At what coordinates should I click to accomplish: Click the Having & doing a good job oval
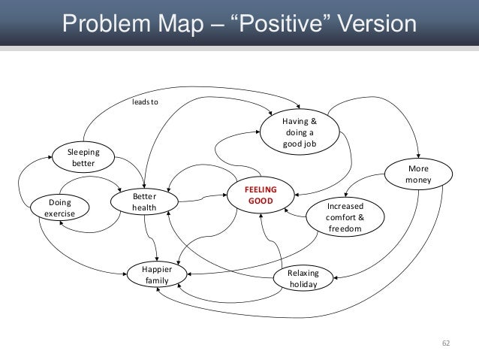[300, 132]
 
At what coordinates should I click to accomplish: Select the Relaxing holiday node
[303, 280]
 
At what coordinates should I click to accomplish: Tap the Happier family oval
[157, 274]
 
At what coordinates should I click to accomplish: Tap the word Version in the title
[372, 24]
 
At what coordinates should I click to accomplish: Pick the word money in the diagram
[419, 180]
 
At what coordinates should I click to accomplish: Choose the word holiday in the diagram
[303, 286]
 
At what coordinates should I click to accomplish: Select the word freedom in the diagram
[345, 228]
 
